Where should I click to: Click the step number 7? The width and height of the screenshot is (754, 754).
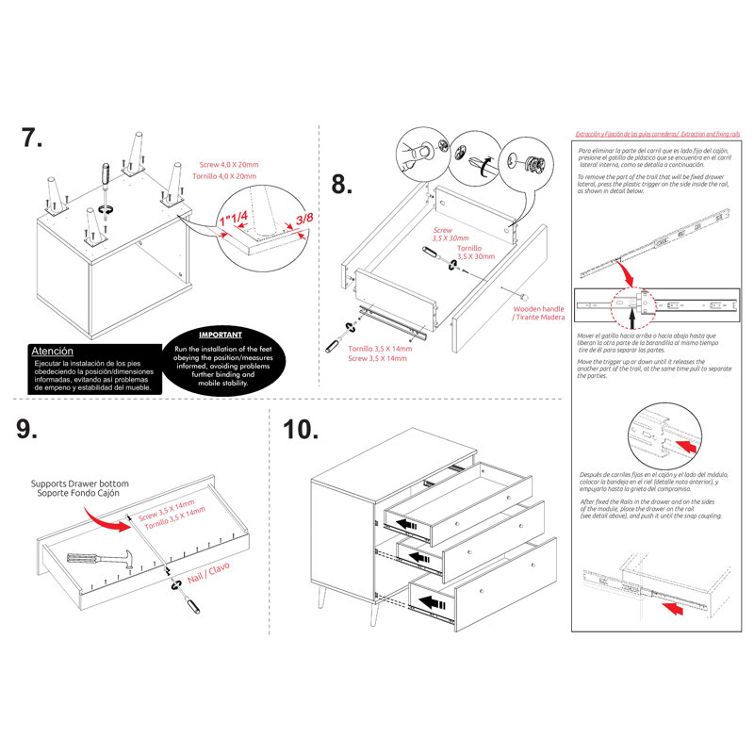[32, 139]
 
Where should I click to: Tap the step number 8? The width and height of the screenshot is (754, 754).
[342, 184]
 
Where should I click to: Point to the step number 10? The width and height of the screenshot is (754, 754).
[301, 430]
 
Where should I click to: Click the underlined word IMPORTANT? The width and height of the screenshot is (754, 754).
[221, 335]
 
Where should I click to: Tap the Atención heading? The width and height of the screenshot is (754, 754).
[53, 351]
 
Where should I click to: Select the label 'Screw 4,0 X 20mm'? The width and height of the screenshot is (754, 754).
[226, 164]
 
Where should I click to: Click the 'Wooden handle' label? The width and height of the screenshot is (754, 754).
[539, 308]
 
